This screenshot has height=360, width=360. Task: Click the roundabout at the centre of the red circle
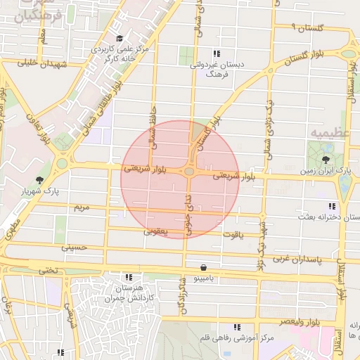(189, 172)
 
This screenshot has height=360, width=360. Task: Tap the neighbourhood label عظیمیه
(322, 132)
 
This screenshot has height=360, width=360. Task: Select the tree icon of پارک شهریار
(39, 181)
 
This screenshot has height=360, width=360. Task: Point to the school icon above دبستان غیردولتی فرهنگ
(217, 53)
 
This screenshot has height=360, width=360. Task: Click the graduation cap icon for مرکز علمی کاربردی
(119, 39)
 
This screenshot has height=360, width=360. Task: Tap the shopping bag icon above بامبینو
(203, 268)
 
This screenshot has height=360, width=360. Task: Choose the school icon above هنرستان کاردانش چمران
(127, 277)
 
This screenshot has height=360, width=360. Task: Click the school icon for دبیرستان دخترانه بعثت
(330, 207)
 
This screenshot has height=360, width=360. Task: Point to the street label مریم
(82, 208)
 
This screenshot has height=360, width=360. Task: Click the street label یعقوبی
(155, 231)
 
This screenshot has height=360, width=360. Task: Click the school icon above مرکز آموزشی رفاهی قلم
(237, 328)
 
